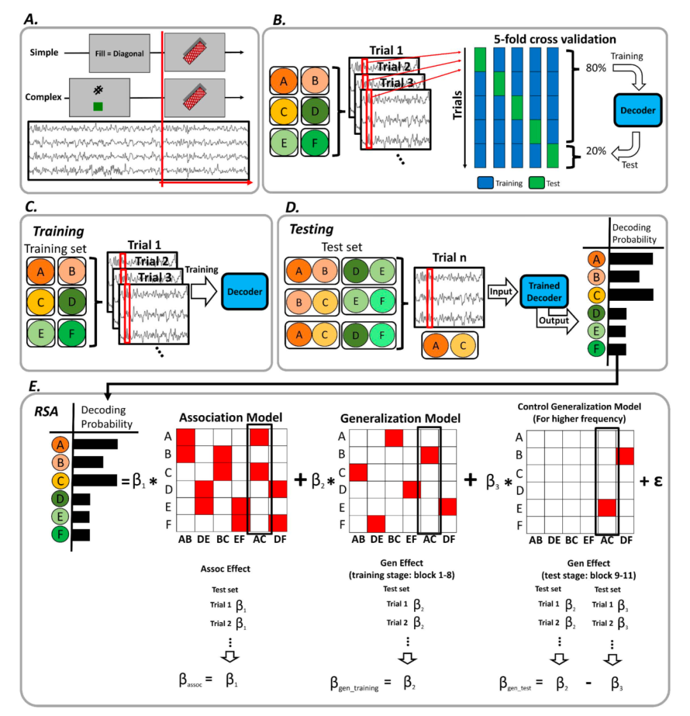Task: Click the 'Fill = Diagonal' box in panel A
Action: tap(119, 53)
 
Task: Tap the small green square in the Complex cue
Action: tap(98, 107)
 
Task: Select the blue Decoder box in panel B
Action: tap(638, 110)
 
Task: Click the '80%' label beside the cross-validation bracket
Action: tap(596, 68)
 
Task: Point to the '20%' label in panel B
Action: tap(596, 151)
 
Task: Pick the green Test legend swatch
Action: tap(537, 183)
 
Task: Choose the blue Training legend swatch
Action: tap(485, 183)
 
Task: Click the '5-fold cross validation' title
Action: tap(555, 39)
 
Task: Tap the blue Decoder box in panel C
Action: tap(245, 291)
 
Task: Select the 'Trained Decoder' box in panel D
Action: tap(544, 291)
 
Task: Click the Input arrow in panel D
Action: tap(502, 291)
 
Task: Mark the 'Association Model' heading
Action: tap(231, 417)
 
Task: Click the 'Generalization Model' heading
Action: tap(400, 418)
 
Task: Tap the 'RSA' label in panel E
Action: tap(47, 411)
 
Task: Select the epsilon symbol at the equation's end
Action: tap(657, 480)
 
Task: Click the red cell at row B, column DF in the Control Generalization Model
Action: tap(625, 456)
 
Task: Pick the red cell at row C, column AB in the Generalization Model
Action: tap(358, 473)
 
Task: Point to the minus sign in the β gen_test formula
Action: tap(588, 683)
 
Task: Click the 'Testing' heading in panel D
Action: tap(311, 229)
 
